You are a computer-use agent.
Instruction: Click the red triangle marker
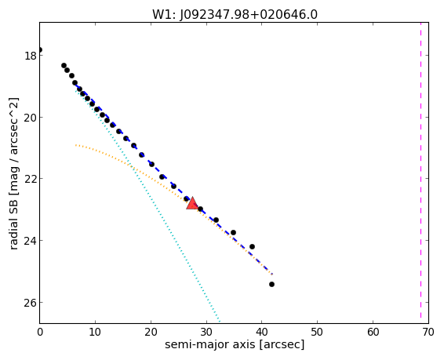[192, 203]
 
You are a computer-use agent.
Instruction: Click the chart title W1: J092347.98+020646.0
[235, 14]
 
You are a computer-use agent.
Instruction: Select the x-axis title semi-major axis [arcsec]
[235, 345]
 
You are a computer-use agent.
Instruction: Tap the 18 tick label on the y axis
[31, 56]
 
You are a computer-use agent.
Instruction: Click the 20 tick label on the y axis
[31, 117]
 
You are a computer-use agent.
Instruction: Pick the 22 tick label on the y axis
[31, 179]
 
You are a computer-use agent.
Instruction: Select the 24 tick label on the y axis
[31, 240]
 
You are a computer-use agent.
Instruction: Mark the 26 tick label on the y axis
[31, 302]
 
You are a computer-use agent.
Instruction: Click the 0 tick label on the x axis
[40, 332]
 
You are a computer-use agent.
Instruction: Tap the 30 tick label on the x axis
[206, 332]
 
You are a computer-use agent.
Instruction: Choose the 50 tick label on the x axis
[317, 332]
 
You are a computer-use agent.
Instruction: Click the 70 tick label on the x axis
[428, 332]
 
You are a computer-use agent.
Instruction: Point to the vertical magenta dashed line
[420, 173]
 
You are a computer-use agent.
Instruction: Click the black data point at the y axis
[40, 50]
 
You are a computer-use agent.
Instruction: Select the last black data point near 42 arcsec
[272, 284]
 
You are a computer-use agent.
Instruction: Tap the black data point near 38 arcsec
[252, 246]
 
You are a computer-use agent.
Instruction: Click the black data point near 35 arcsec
[233, 232]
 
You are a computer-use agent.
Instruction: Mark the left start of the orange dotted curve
[76, 145]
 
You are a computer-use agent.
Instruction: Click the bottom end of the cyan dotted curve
[220, 321]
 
